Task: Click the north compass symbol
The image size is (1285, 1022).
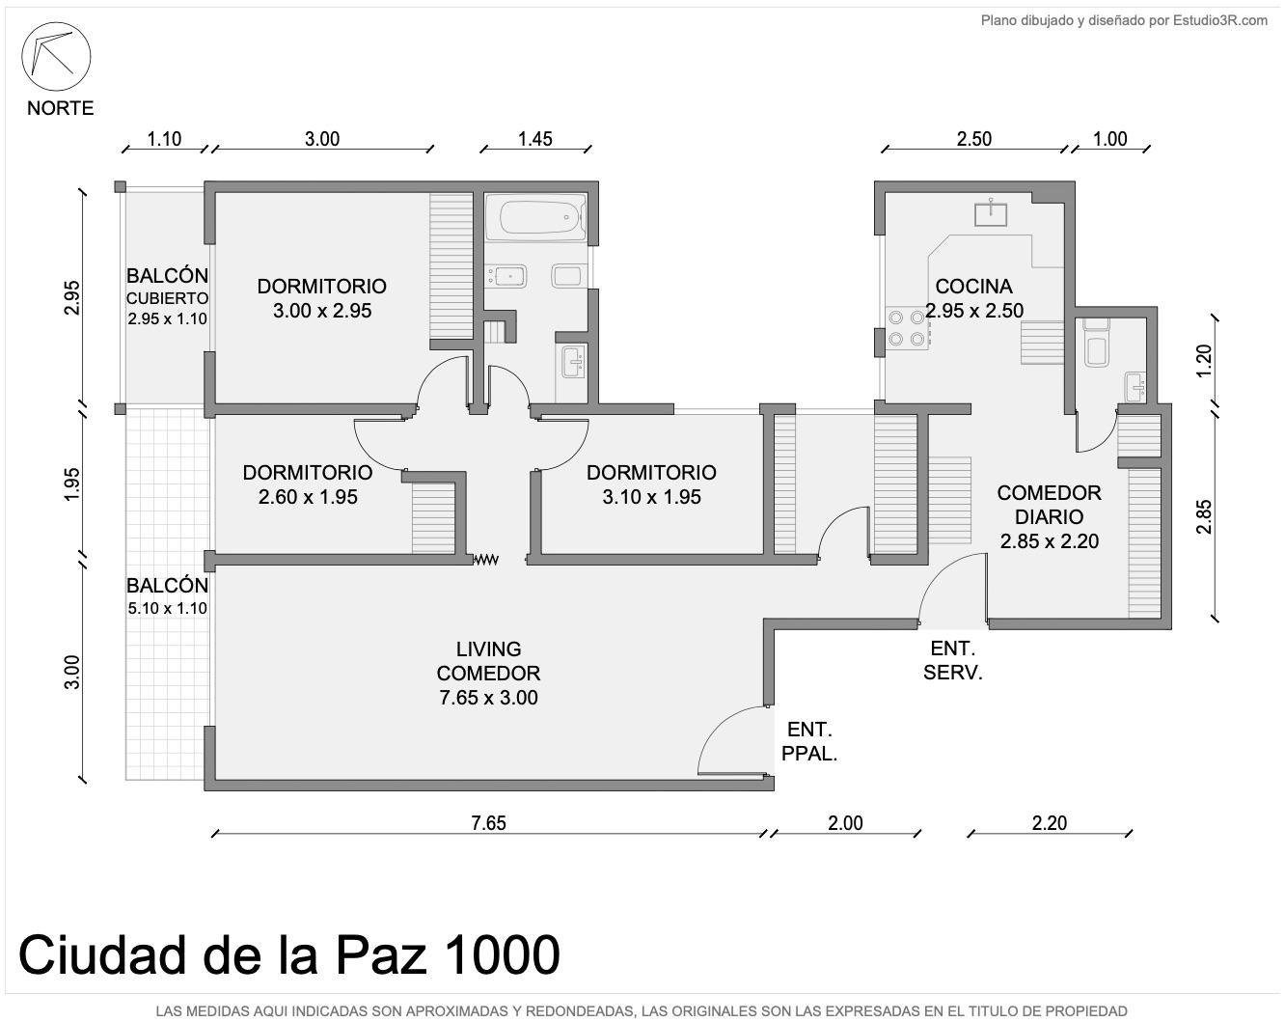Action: [56, 56]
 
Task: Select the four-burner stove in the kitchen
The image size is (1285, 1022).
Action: [907, 328]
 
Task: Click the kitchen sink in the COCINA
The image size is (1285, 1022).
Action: [991, 214]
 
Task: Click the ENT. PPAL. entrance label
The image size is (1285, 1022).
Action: [809, 741]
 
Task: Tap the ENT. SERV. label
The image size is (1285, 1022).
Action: [953, 660]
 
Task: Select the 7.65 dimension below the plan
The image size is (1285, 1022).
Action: [488, 823]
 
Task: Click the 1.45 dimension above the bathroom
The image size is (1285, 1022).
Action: [535, 139]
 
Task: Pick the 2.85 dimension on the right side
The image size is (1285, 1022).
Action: [1204, 516]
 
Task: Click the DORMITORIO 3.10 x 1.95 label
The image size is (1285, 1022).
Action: [651, 484]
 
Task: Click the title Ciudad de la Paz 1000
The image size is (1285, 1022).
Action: [289, 954]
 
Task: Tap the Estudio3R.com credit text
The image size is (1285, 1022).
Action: [1125, 21]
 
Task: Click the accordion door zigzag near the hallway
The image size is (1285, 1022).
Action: [485, 560]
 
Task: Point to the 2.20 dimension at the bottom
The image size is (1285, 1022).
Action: [1050, 823]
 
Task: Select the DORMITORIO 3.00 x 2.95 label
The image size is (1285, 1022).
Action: [322, 298]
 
